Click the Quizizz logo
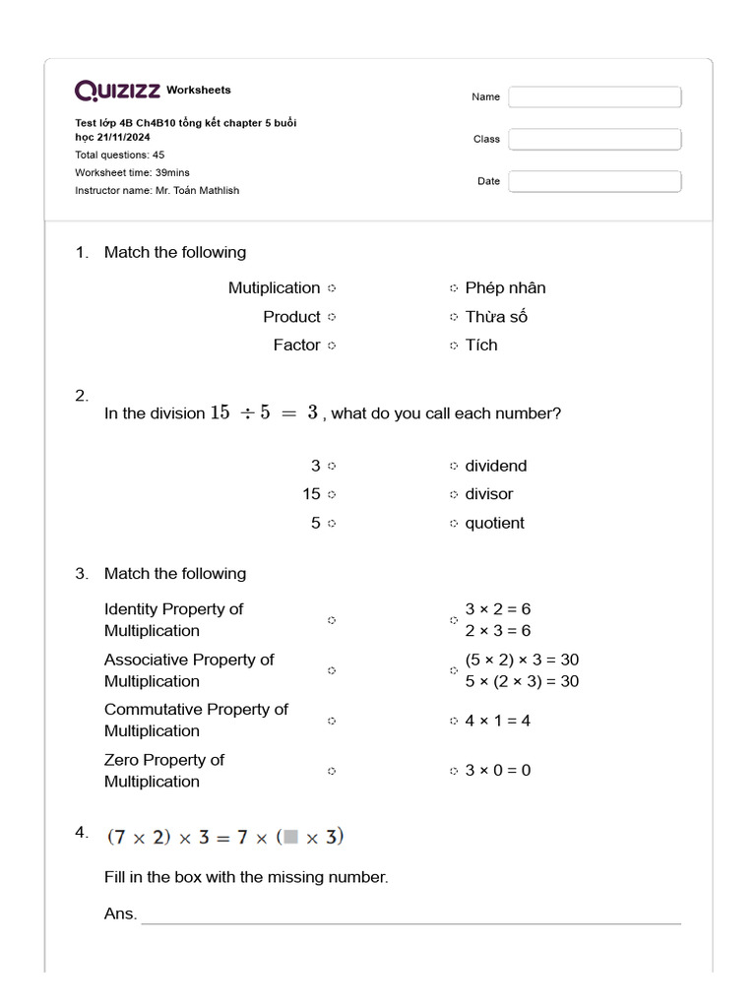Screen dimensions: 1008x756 (x=118, y=92)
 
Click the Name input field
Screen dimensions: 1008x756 (x=595, y=97)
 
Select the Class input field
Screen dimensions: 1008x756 (x=595, y=140)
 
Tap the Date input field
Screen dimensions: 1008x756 (x=595, y=182)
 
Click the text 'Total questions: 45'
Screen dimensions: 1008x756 (x=120, y=156)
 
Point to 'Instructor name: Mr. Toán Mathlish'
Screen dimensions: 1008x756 (x=157, y=190)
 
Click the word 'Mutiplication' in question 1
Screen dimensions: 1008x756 (x=274, y=288)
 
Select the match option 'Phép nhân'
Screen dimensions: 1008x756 (x=505, y=288)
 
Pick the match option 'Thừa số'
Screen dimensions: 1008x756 (x=496, y=317)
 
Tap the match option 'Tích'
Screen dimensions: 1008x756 (x=481, y=346)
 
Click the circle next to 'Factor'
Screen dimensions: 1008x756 (x=332, y=346)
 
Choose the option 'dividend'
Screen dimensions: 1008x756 (x=495, y=466)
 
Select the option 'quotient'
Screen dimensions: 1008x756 (x=494, y=524)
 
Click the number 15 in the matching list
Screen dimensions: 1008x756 (x=311, y=494)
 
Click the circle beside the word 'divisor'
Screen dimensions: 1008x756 (x=454, y=494)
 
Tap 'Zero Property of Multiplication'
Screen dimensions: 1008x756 (x=163, y=771)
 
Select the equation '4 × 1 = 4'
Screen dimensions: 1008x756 (x=497, y=721)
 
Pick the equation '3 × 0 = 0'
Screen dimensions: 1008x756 (x=497, y=771)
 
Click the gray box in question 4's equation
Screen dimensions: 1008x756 (x=290, y=838)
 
